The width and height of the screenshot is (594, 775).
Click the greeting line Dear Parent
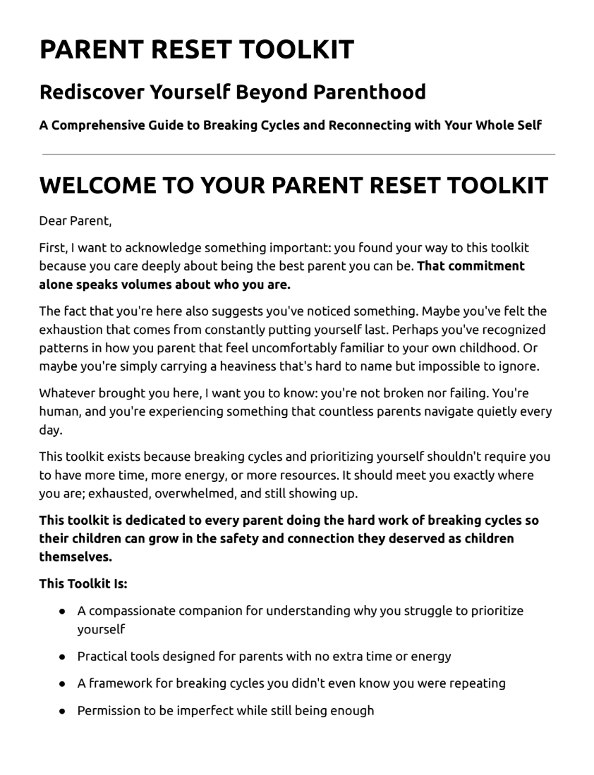(75, 221)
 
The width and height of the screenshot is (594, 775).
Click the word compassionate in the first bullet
(133, 611)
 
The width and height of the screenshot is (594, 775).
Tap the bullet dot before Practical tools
(63, 657)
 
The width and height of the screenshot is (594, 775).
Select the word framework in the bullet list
(117, 683)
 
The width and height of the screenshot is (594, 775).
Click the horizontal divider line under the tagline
(298, 154)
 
